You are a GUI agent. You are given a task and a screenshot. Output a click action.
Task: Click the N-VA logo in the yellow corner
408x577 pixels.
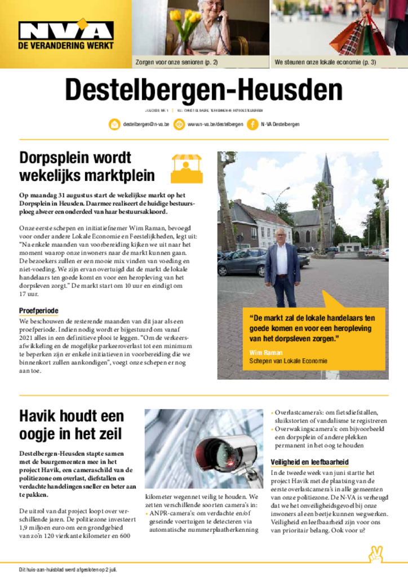(66, 34)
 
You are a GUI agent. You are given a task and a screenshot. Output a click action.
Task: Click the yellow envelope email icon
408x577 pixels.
(114, 125)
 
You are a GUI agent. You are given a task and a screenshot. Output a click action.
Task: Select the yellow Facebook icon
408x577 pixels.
(252, 125)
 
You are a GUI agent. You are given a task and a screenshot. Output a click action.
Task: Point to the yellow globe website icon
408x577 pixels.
(180, 125)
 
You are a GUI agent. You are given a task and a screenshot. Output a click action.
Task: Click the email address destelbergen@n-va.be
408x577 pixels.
(146, 125)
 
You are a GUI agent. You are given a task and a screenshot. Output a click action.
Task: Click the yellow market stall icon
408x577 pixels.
(187, 168)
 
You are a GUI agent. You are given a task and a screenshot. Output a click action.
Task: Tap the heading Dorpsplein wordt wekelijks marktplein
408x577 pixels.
(87, 166)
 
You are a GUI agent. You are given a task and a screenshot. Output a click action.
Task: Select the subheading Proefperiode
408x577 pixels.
(39, 310)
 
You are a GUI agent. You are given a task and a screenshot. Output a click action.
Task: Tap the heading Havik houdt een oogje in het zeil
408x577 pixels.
(72, 425)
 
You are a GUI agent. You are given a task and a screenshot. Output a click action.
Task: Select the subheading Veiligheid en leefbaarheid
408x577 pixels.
(309, 461)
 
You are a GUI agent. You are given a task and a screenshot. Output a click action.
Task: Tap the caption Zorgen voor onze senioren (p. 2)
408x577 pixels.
(176, 62)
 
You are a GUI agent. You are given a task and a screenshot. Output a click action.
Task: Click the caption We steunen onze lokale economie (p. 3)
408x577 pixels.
(325, 62)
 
